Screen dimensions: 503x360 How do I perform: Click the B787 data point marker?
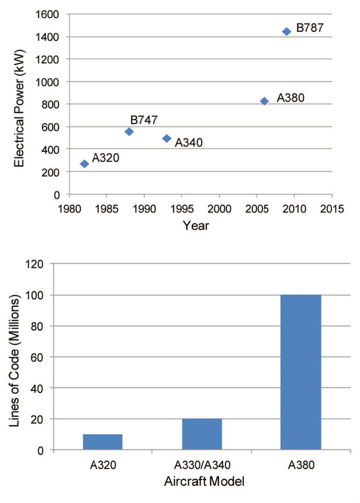[286, 31]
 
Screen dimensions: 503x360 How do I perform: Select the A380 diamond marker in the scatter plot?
[264, 101]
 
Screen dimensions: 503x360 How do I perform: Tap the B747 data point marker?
[129, 131]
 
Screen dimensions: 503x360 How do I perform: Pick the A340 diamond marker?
[167, 138]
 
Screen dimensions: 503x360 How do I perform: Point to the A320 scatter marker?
[84, 164]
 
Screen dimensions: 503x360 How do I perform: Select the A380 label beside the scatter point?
[290, 97]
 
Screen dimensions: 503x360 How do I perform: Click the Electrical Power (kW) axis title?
[19, 104]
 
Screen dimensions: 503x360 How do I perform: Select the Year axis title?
[196, 225]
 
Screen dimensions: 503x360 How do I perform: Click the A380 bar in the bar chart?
[300, 372]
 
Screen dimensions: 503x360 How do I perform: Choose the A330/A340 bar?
[202, 434]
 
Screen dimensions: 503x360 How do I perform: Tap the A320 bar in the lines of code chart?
[103, 442]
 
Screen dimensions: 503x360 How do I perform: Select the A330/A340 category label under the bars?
[202, 464]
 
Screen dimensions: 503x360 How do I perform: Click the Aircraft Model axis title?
[201, 481]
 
